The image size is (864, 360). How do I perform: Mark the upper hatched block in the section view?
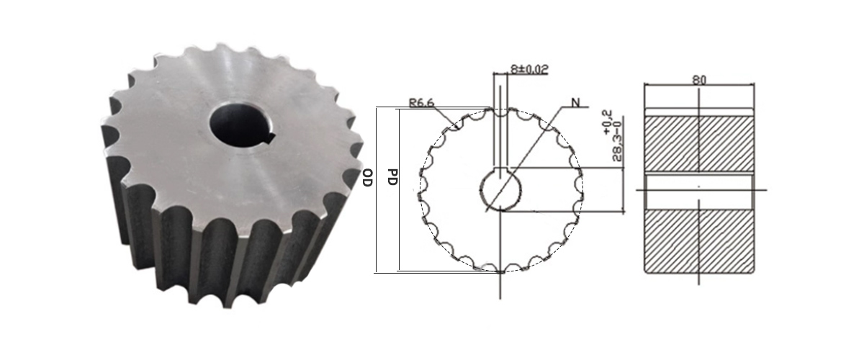[x=698, y=143]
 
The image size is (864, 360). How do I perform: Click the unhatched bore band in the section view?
[x=698, y=190]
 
